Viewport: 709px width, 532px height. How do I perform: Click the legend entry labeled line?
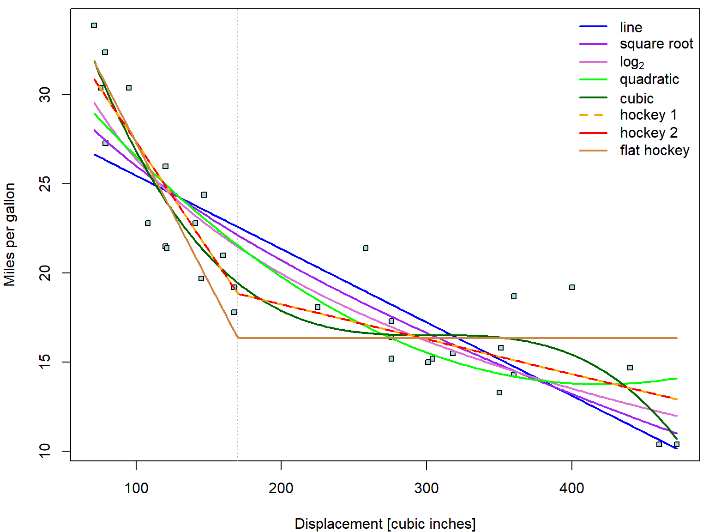631,27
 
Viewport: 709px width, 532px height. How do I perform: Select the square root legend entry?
656,44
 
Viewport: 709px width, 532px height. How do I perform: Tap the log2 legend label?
631,62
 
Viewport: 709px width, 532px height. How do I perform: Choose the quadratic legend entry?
649,79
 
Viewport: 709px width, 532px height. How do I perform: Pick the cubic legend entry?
637,98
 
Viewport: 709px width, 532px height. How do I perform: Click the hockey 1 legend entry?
648,115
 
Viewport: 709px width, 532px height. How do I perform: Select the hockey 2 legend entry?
648,133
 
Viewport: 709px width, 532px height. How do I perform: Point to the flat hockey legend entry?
654,151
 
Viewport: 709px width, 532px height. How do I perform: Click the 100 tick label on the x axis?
136,488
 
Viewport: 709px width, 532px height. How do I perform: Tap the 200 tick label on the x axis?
281,488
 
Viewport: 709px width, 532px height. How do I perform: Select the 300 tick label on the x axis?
427,488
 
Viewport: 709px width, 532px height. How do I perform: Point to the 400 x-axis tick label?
571,488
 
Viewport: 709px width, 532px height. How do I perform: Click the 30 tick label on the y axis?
45,95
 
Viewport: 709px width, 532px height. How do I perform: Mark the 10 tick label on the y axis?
45,451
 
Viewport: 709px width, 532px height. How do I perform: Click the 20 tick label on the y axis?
45,273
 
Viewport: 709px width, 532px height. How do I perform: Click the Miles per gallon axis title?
10,235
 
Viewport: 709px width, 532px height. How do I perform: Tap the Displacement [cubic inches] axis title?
385,524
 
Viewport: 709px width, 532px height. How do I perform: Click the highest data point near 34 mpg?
94,25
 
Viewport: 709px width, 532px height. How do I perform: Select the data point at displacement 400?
572,287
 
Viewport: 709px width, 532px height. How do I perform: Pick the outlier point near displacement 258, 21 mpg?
366,248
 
